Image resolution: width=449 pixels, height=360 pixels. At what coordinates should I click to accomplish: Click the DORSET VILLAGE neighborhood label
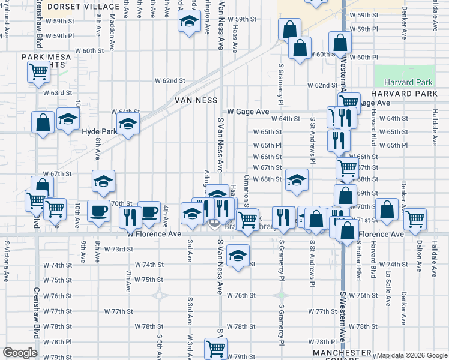tap(83, 6)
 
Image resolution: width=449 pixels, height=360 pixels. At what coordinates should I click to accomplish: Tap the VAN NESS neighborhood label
tap(196, 100)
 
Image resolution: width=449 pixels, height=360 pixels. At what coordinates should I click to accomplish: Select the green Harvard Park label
tap(398, 82)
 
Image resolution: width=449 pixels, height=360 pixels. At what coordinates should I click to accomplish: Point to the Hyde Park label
tap(99, 131)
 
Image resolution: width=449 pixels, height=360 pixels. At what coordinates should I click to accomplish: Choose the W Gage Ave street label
tap(248, 112)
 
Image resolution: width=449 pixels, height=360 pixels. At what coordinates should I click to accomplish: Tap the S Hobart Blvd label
tap(358, 263)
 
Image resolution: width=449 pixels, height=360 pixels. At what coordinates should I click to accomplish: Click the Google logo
tap(20, 353)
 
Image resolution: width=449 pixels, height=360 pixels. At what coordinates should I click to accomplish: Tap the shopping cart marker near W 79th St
tap(215, 347)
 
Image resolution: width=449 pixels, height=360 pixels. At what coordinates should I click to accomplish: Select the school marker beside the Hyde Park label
tap(128, 125)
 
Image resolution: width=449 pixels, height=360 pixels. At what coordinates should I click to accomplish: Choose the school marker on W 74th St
tap(238, 256)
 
